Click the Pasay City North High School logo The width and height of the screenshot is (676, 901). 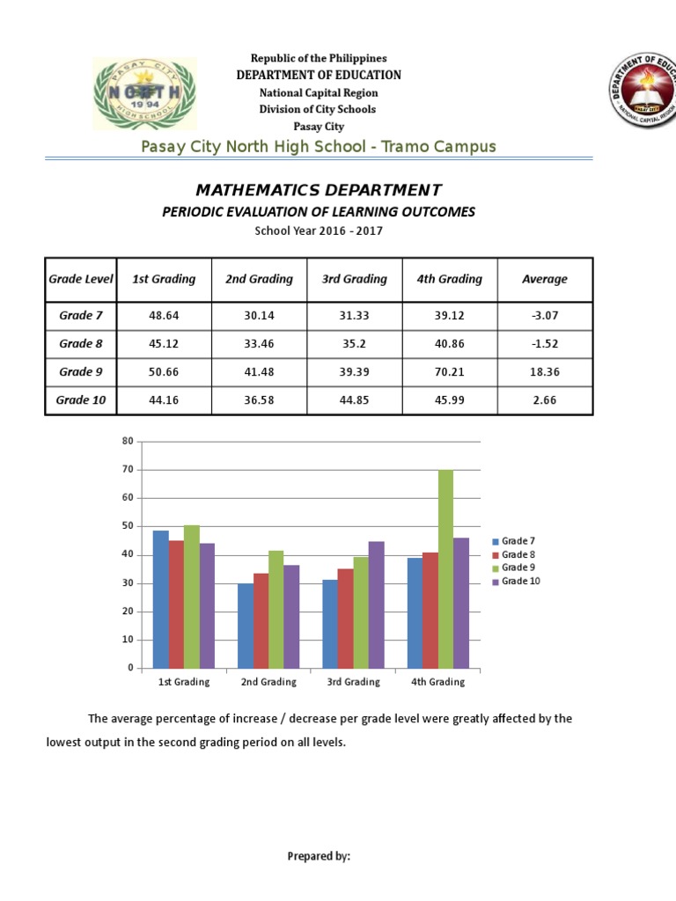coord(145,93)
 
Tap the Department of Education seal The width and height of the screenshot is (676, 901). coord(641,93)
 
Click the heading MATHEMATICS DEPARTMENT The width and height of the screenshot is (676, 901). coord(319,190)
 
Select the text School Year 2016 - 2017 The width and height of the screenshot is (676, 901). coord(319,231)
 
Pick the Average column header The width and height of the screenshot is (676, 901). coord(545,279)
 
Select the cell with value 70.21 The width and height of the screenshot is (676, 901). coord(449,371)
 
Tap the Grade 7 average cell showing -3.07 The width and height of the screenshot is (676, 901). coord(545,315)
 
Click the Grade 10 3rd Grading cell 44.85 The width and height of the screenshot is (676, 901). coord(354,399)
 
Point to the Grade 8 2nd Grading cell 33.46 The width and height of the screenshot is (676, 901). coord(258,343)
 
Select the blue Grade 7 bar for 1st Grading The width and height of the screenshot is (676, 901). coord(160,599)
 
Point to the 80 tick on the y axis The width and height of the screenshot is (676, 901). coord(127,441)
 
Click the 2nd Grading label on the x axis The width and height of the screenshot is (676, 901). coord(268,682)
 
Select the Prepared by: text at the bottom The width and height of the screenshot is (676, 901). coord(319,856)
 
